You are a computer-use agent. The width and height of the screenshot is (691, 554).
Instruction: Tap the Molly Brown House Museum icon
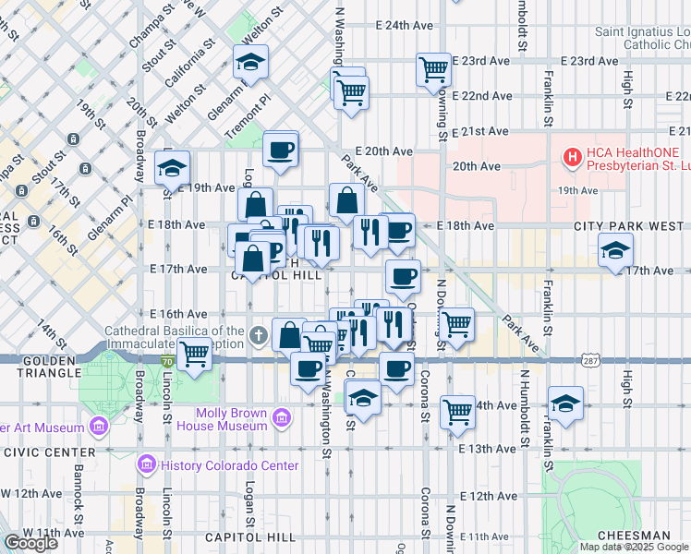(281, 419)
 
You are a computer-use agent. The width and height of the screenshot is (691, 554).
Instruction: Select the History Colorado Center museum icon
(146, 464)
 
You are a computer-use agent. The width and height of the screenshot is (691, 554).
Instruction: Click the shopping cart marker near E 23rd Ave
(433, 69)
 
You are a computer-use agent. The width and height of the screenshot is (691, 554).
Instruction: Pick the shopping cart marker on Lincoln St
(194, 354)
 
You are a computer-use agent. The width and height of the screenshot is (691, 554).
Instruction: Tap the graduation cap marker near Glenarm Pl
(250, 62)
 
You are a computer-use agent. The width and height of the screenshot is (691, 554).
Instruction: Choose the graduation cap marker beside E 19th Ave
(172, 169)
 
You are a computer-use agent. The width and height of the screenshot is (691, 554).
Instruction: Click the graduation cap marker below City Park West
(616, 249)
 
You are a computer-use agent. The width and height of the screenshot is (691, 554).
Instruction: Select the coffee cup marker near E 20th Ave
(280, 149)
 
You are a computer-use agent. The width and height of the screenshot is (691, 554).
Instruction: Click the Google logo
(30, 542)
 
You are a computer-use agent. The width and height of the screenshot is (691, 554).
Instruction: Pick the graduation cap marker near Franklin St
(565, 403)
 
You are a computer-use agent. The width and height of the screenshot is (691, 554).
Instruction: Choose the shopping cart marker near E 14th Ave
(457, 411)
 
